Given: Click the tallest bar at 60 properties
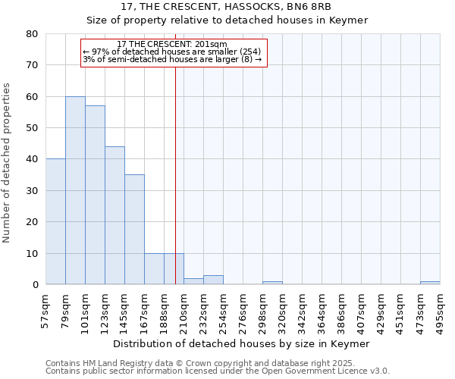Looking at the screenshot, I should click(75, 190).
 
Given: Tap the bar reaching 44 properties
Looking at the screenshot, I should click(115, 215).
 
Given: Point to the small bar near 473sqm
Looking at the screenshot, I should click(430, 283).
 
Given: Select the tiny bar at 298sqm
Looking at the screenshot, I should click(272, 283).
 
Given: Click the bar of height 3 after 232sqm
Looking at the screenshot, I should click(213, 280).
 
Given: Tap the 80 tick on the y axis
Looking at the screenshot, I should click(32, 34).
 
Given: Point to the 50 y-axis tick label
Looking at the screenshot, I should click(32, 128).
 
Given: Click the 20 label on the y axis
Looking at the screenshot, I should click(32, 222).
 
